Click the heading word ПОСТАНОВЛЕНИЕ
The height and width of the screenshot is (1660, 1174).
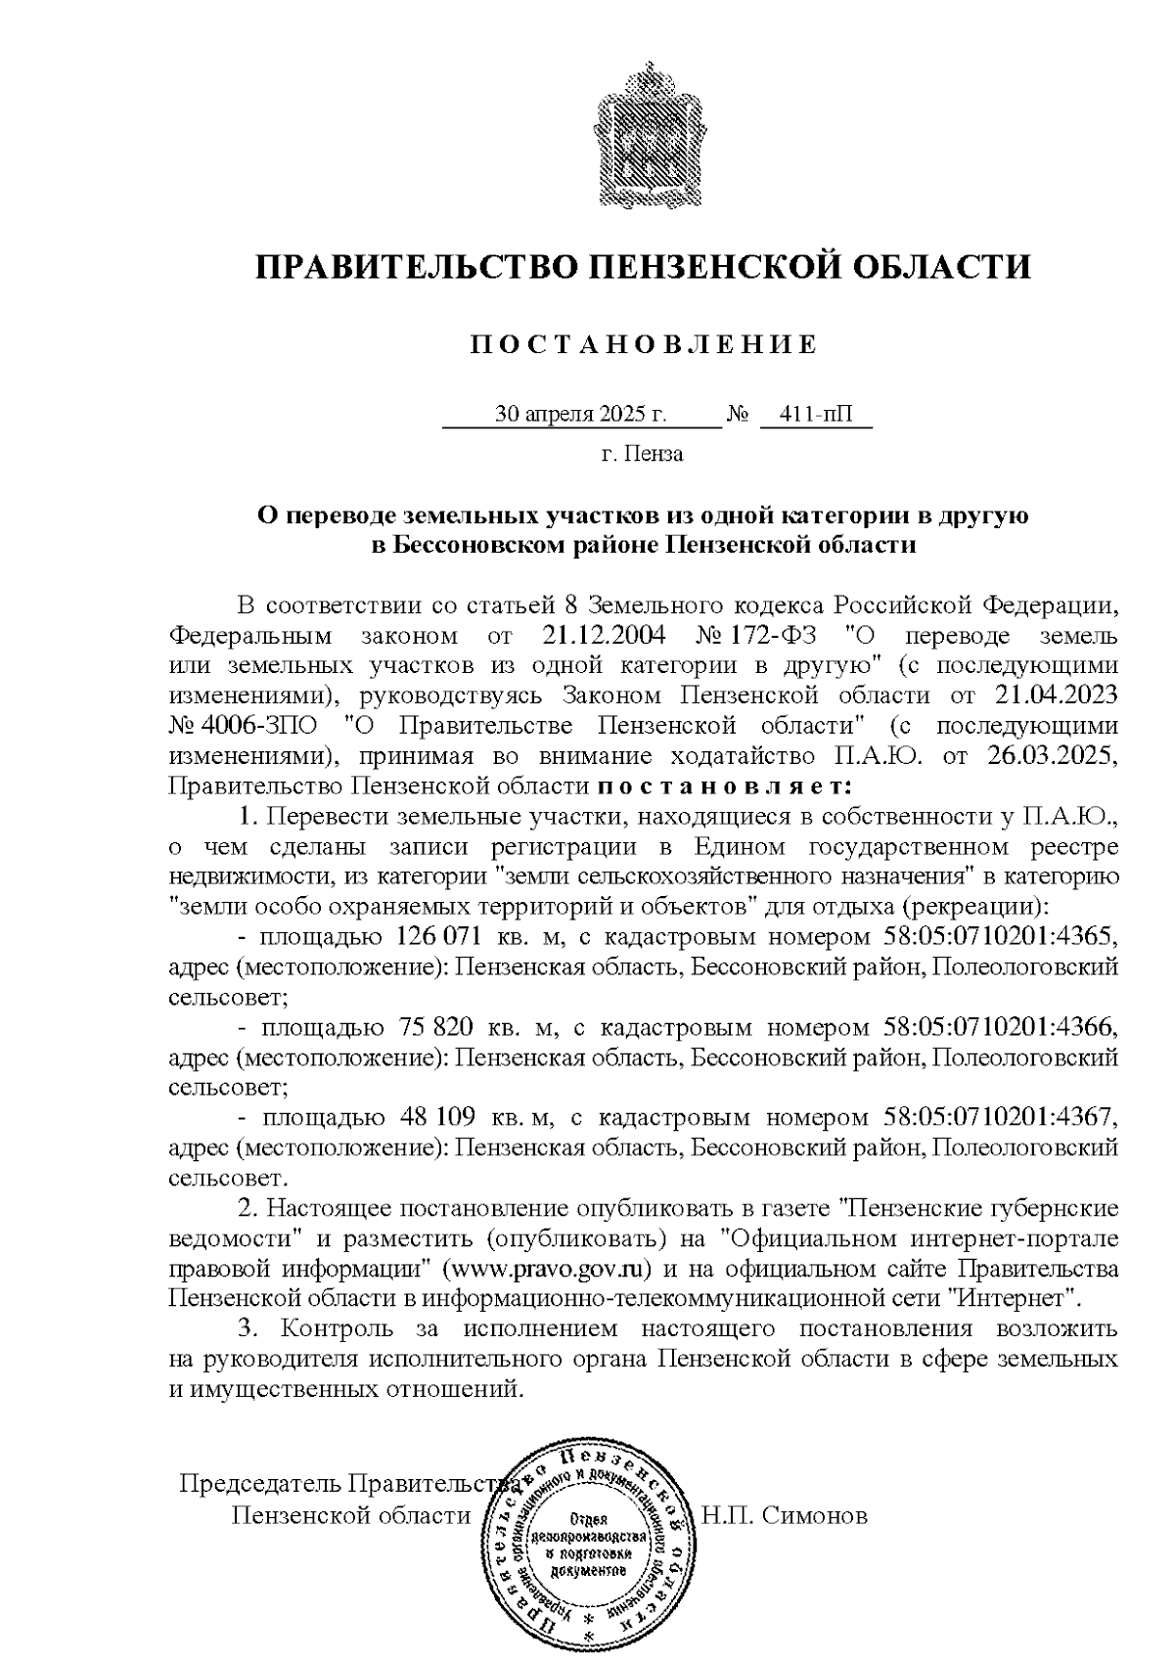coord(643,344)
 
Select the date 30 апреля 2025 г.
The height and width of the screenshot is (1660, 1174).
coord(581,415)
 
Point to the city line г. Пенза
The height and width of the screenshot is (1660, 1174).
coord(642,454)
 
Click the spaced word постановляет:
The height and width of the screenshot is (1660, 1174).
coord(725,786)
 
